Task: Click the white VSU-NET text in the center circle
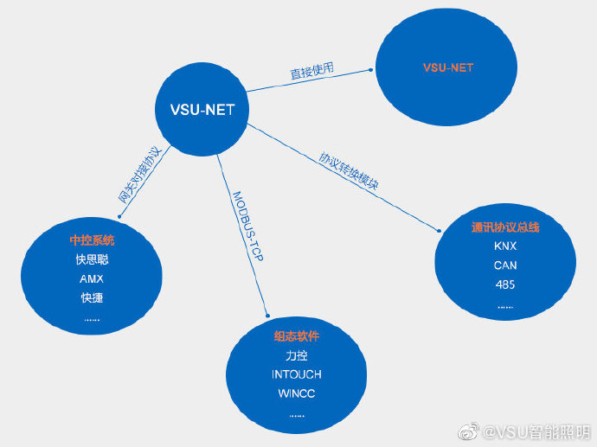(x=201, y=110)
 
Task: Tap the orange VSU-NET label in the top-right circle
(x=447, y=67)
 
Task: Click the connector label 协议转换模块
(x=350, y=171)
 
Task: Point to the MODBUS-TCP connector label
(x=247, y=226)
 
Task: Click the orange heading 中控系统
(x=92, y=239)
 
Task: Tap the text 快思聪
(x=92, y=259)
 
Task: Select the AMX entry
(x=92, y=279)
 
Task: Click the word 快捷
(x=92, y=298)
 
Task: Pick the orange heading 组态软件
(x=297, y=335)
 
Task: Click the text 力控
(x=297, y=355)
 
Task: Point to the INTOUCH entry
(x=297, y=374)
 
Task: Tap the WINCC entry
(x=297, y=393)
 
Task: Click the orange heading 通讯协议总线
(x=506, y=227)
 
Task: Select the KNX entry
(x=506, y=246)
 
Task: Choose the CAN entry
(x=506, y=265)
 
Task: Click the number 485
(x=506, y=284)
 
